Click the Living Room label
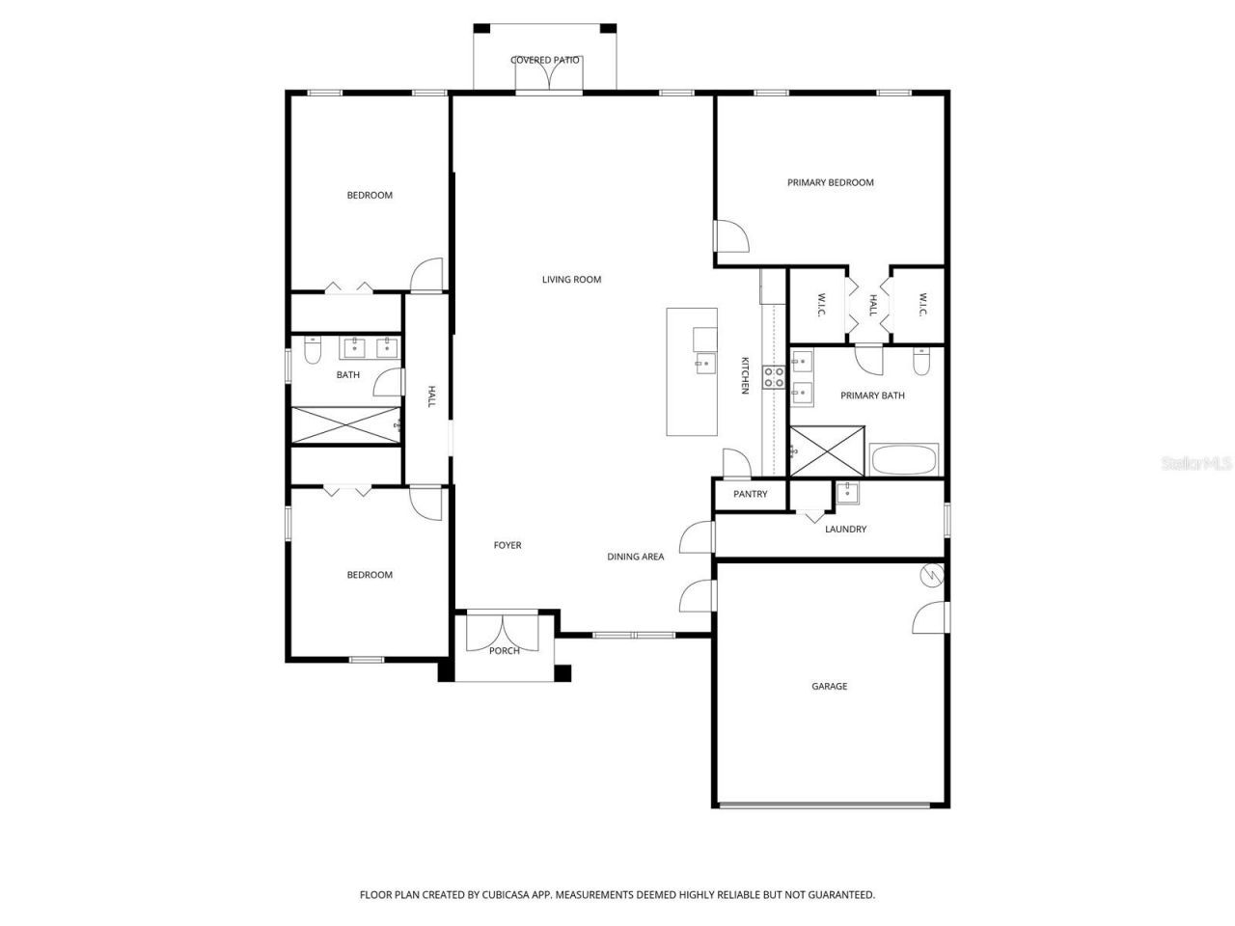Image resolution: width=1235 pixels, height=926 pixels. (571, 280)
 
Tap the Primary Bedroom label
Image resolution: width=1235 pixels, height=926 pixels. (830, 182)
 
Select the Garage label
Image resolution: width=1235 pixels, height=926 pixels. (829, 687)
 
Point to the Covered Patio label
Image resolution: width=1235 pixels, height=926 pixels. (545, 60)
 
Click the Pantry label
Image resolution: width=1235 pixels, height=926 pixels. (750, 494)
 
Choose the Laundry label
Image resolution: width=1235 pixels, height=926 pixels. (845, 529)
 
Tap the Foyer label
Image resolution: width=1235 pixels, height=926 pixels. (508, 546)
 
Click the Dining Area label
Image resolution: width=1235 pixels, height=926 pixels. (635, 557)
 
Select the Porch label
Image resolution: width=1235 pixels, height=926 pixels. (504, 651)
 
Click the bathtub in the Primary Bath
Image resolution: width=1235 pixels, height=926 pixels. (904, 460)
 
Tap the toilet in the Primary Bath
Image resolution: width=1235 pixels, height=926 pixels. (920, 363)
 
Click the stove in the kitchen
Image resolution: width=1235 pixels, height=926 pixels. (774, 376)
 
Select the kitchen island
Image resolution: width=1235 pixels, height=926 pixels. (692, 371)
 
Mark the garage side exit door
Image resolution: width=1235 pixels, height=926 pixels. (930, 618)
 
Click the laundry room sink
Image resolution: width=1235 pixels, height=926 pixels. (847, 493)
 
